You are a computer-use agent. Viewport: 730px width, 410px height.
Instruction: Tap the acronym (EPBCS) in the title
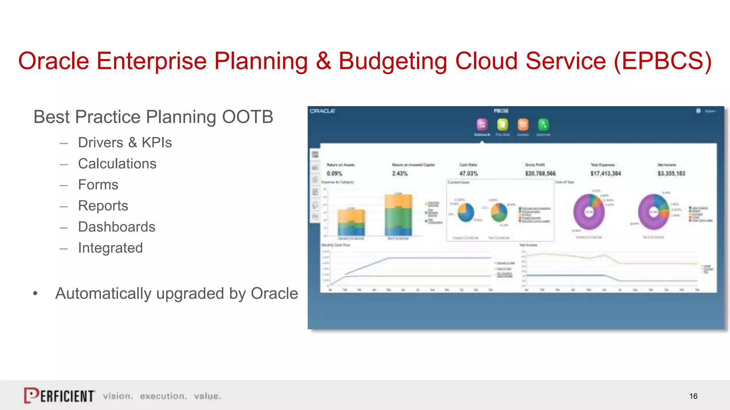click(x=662, y=61)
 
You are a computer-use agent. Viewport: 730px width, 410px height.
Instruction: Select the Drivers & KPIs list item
click(x=125, y=142)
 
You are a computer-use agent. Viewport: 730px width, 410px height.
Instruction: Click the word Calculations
click(x=117, y=164)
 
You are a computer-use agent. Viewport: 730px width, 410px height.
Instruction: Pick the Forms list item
click(x=98, y=185)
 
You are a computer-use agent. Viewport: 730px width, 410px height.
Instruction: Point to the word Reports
click(x=103, y=206)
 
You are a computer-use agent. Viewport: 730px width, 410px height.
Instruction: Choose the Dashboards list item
click(x=117, y=227)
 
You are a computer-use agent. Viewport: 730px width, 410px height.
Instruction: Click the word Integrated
click(x=110, y=248)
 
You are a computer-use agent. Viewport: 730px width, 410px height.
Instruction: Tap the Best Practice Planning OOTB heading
click(x=153, y=117)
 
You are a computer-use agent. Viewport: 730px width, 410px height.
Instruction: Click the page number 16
click(x=693, y=396)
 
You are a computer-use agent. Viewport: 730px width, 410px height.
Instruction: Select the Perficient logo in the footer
click(x=59, y=395)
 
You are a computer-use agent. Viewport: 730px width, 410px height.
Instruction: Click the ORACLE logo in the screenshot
click(x=322, y=111)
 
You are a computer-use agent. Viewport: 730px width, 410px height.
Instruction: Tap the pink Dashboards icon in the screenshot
click(x=482, y=125)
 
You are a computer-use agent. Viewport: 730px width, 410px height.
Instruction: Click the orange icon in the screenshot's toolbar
click(x=523, y=125)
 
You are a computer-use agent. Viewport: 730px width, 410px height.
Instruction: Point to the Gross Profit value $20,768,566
click(x=540, y=174)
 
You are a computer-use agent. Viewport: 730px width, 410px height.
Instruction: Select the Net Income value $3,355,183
click(x=671, y=174)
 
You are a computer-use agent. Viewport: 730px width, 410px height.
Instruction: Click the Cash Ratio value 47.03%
click(x=468, y=174)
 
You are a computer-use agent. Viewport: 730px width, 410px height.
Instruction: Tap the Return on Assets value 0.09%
click(x=334, y=174)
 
